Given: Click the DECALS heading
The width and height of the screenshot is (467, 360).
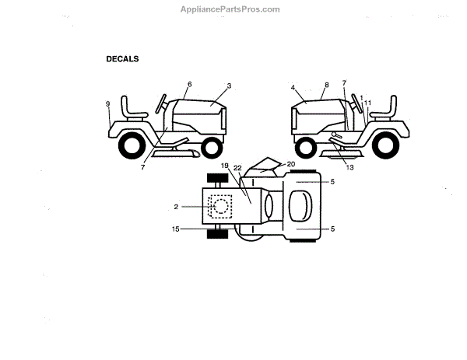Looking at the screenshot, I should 122,58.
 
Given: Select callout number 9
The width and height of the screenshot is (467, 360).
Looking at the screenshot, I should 108,104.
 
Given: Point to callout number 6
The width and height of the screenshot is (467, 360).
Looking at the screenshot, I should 188,84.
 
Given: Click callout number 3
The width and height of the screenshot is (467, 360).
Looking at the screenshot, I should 230,85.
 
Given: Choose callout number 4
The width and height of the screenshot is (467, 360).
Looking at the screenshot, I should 293,89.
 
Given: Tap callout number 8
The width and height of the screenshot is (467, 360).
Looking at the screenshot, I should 326,85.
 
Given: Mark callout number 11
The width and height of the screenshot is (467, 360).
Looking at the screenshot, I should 368,103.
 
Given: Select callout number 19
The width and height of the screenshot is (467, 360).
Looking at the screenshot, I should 224,166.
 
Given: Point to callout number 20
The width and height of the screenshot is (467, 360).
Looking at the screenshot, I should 291,164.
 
